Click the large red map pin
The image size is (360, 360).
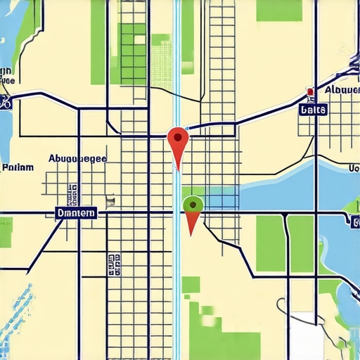[178, 141]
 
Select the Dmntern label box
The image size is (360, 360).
[75, 212]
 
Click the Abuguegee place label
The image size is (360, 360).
[77, 159]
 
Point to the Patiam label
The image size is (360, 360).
[18, 168]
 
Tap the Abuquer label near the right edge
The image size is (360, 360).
[342, 90]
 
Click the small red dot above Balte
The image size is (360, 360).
[309, 92]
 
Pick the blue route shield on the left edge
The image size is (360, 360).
[6, 101]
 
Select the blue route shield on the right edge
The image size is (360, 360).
[354, 222]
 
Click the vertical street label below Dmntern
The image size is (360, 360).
[113, 265]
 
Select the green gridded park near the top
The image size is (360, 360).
[133, 53]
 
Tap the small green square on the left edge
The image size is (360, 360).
[6, 232]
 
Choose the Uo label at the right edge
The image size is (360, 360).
[353, 168]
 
